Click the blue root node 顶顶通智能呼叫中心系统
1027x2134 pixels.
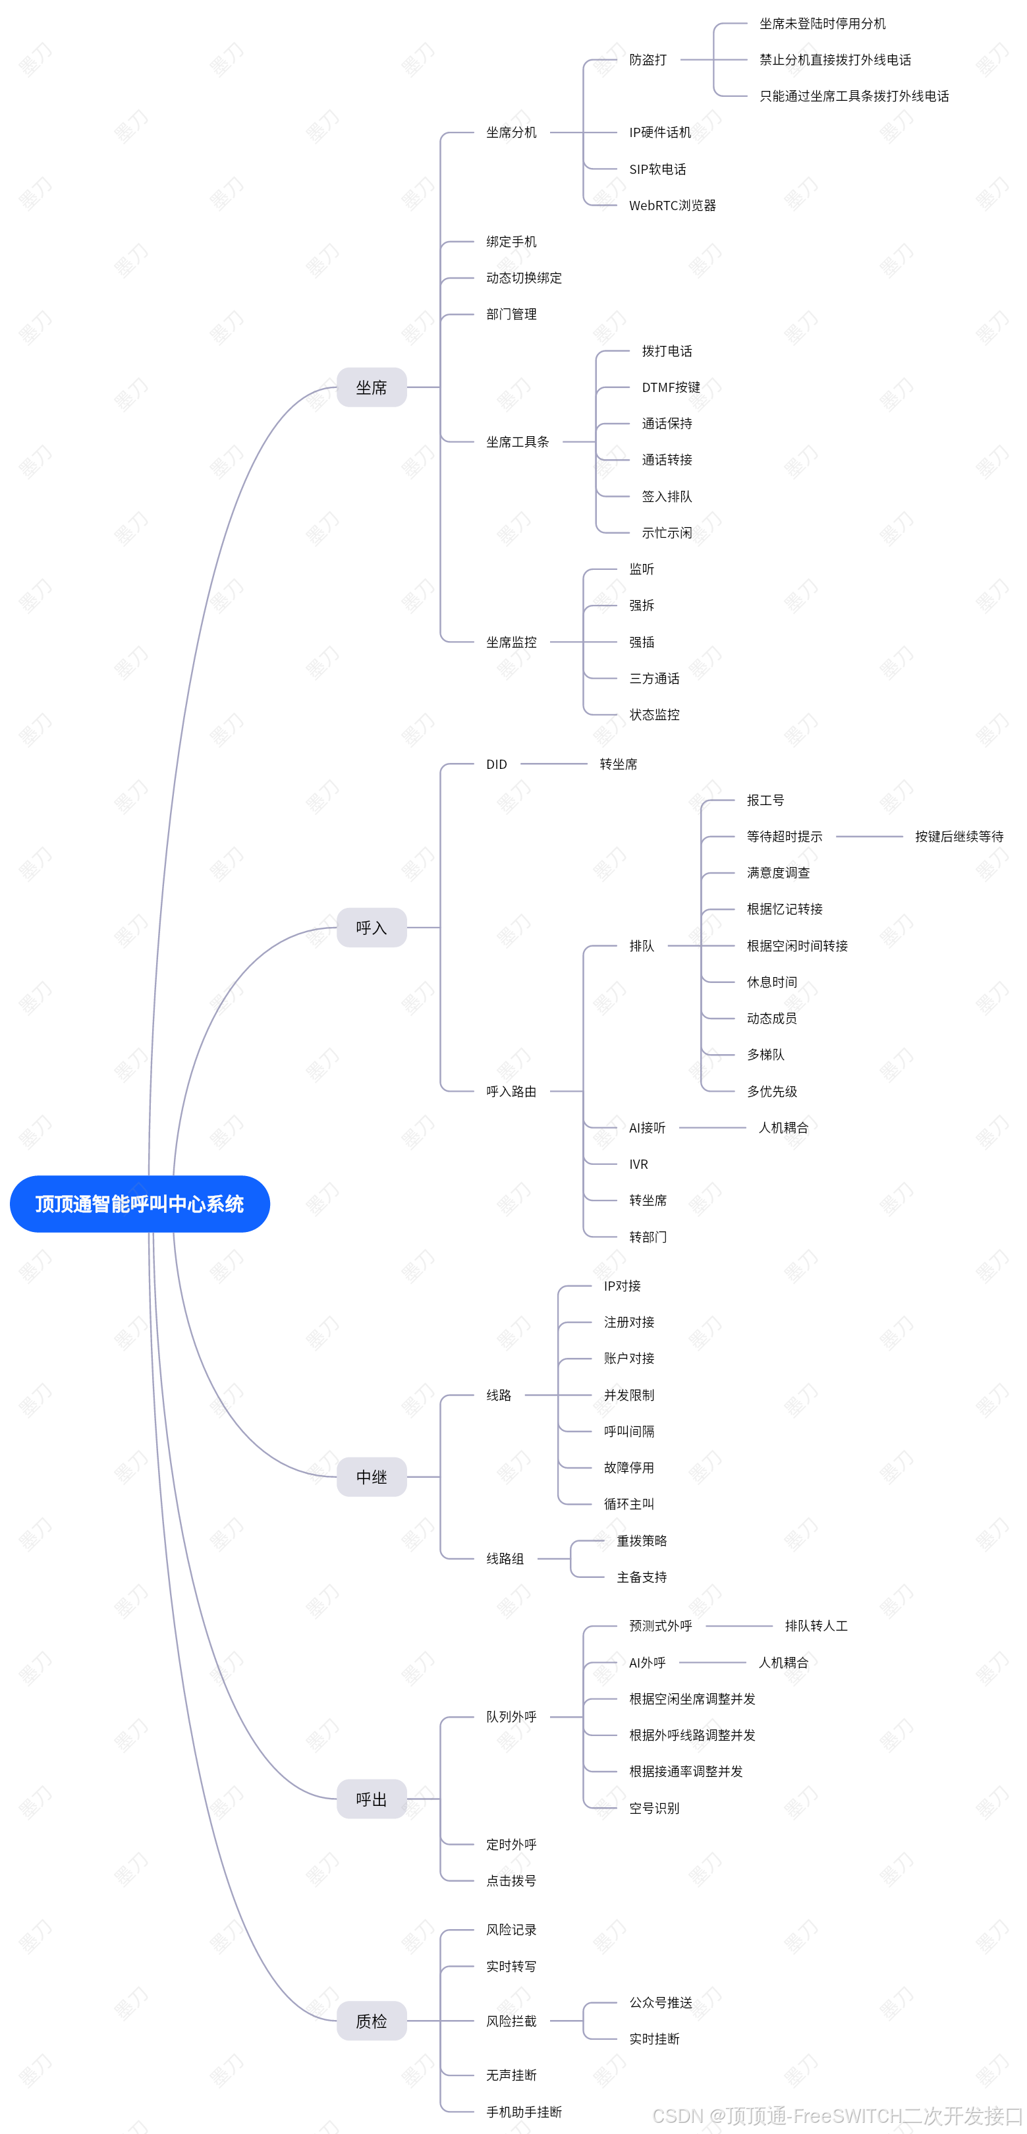click(139, 1204)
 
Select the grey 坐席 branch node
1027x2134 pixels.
click(371, 387)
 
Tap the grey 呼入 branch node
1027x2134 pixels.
click(371, 927)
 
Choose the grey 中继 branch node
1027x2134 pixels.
click(371, 1476)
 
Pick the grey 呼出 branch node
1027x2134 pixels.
click(371, 1799)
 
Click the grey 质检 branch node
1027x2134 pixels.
click(371, 2021)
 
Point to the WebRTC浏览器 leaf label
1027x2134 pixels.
click(672, 206)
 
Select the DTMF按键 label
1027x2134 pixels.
click(671, 387)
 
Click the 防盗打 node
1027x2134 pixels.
click(647, 60)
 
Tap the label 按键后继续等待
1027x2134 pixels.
click(958, 836)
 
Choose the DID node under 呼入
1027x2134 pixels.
click(496, 764)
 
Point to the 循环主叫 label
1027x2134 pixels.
click(628, 1503)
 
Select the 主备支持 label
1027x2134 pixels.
click(641, 1577)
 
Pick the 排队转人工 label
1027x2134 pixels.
click(816, 1625)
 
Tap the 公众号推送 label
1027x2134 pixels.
click(660, 2002)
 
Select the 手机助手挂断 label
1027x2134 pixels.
click(524, 2112)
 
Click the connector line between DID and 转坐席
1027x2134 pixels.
click(553, 764)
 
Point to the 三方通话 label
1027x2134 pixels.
click(653, 679)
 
